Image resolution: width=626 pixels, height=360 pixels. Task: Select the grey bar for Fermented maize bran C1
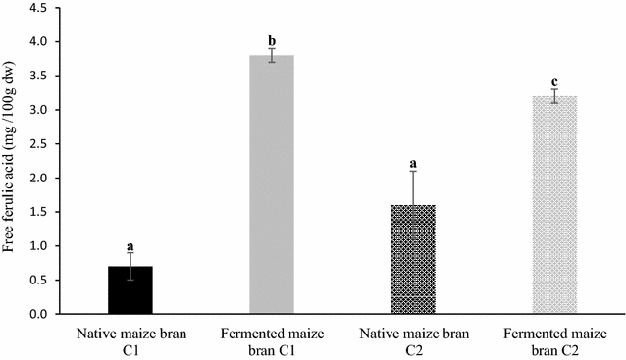click(x=271, y=185)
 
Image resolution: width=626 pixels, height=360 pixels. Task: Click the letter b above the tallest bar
click(x=272, y=41)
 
